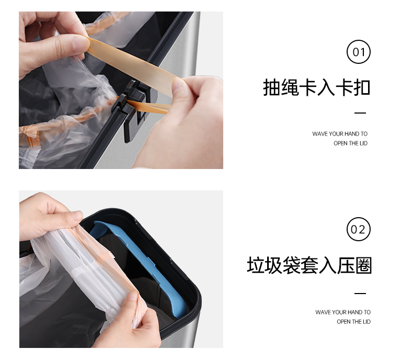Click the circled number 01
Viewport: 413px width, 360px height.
[x=358, y=52]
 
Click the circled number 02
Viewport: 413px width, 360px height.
[x=358, y=229]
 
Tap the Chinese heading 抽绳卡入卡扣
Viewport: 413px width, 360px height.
[x=317, y=87]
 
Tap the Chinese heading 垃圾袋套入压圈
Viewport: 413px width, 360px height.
[x=309, y=265]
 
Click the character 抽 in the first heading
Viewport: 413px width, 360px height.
[x=272, y=87]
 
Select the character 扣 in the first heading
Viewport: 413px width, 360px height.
[x=362, y=87]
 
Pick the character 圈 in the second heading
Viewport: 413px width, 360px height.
[x=363, y=265]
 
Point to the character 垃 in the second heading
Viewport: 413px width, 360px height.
[x=256, y=265]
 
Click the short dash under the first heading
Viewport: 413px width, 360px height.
[x=360, y=113]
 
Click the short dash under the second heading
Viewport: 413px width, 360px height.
[x=360, y=293]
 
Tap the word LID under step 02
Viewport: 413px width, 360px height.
[x=366, y=321]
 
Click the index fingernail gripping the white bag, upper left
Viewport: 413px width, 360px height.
[x=77, y=215]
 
